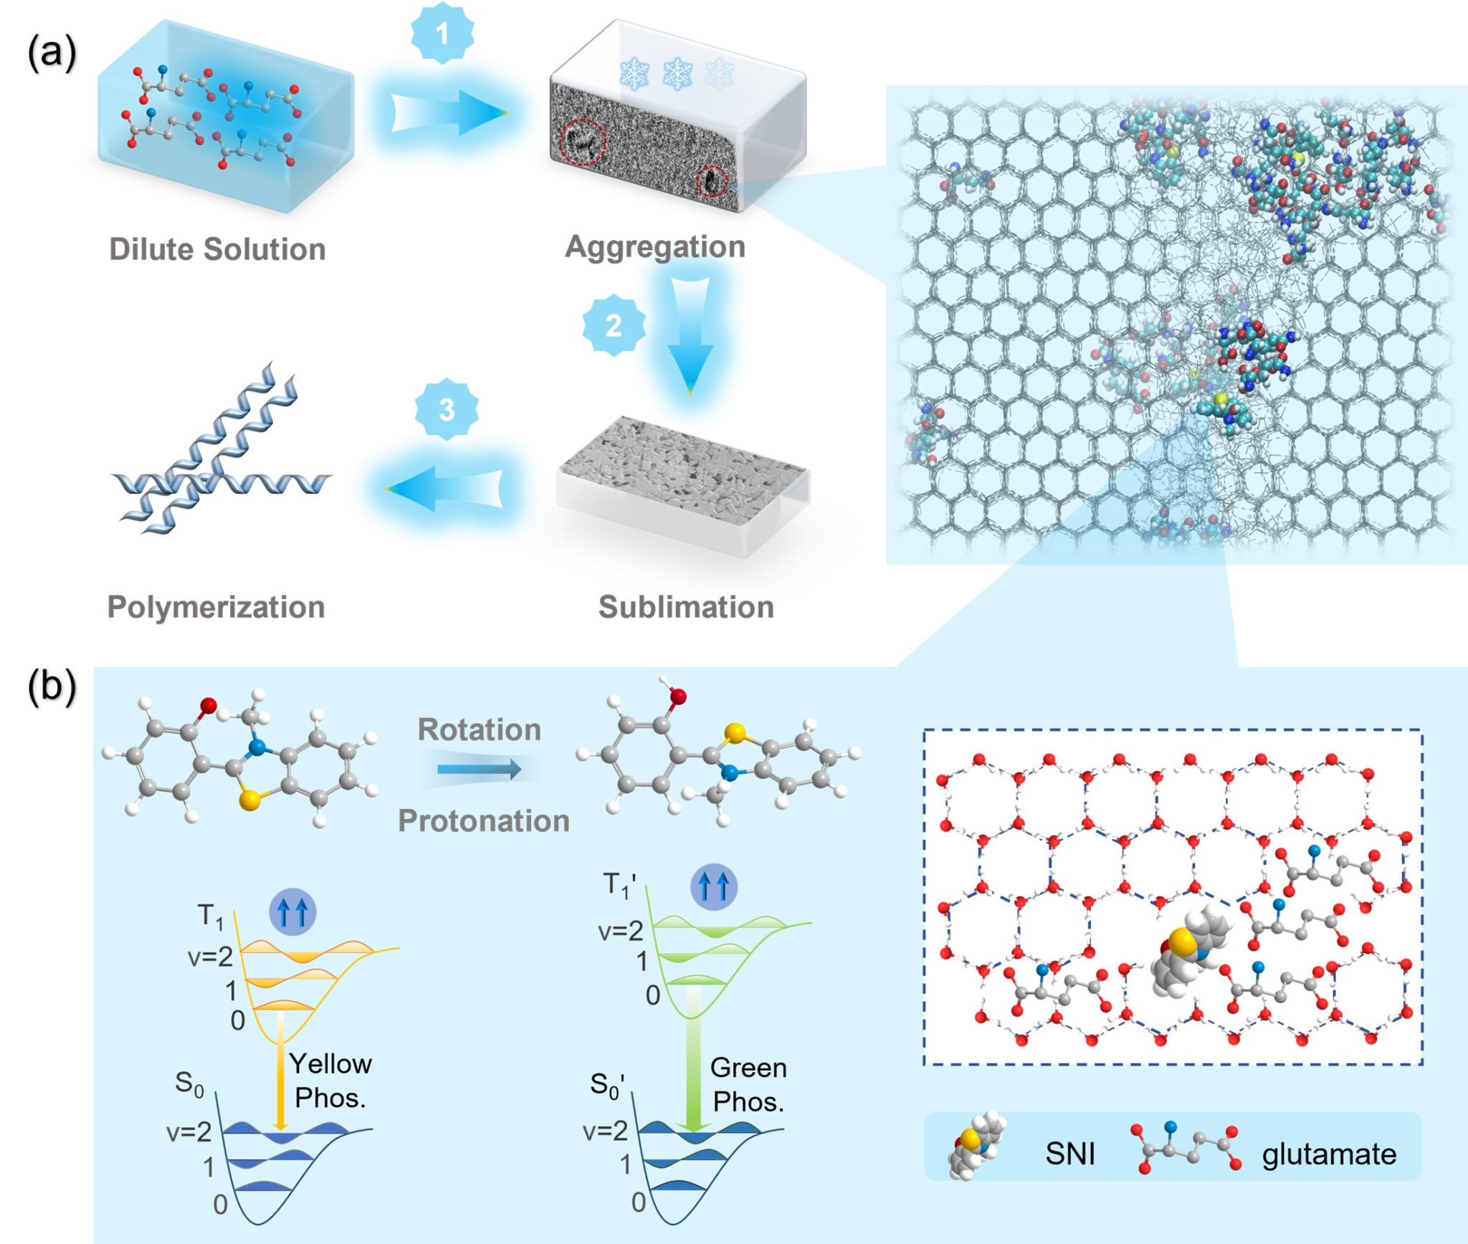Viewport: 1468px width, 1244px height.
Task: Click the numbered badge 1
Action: click(442, 33)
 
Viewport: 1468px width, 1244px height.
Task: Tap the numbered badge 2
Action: click(614, 326)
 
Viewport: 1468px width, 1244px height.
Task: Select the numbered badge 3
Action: click(447, 410)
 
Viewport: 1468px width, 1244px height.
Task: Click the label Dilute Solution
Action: click(217, 249)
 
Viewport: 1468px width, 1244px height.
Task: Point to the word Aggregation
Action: click(655, 247)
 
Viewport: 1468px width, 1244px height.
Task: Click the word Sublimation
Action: click(686, 607)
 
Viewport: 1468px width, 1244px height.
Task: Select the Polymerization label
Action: click(216, 607)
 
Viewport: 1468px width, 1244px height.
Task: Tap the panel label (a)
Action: click(52, 53)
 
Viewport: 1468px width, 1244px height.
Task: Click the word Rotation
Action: click(479, 729)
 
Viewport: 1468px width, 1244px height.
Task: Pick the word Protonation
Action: click(484, 820)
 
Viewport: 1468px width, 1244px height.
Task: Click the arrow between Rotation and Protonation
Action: click(479, 770)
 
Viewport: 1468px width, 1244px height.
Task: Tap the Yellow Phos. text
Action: click(330, 1081)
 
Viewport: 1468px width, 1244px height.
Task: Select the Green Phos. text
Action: click(748, 1084)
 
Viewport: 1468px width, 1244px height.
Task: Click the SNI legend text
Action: click(1069, 1154)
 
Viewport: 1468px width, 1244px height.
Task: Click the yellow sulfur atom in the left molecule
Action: click(249, 800)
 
